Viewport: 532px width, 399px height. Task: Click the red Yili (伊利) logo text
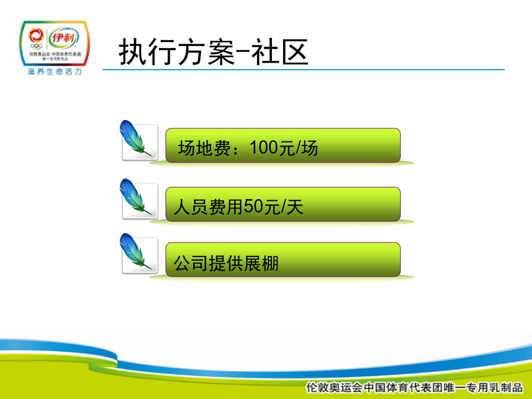point(63,38)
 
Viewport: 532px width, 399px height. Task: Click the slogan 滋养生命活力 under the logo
point(55,72)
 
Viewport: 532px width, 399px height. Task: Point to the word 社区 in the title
point(280,52)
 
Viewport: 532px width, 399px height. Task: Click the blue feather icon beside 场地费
point(135,138)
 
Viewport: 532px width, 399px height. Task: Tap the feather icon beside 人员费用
point(135,197)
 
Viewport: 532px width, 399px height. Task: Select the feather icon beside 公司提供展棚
point(135,251)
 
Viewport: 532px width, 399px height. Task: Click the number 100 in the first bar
point(264,148)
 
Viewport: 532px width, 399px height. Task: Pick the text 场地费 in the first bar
point(205,148)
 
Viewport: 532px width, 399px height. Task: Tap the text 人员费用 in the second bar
point(209,207)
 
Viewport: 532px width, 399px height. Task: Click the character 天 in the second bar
point(294,207)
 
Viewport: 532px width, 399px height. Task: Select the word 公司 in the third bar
point(191,263)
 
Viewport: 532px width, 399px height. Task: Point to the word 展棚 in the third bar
point(261,263)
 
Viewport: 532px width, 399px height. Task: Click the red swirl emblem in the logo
point(36,35)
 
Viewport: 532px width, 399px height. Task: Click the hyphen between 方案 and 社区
point(243,51)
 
